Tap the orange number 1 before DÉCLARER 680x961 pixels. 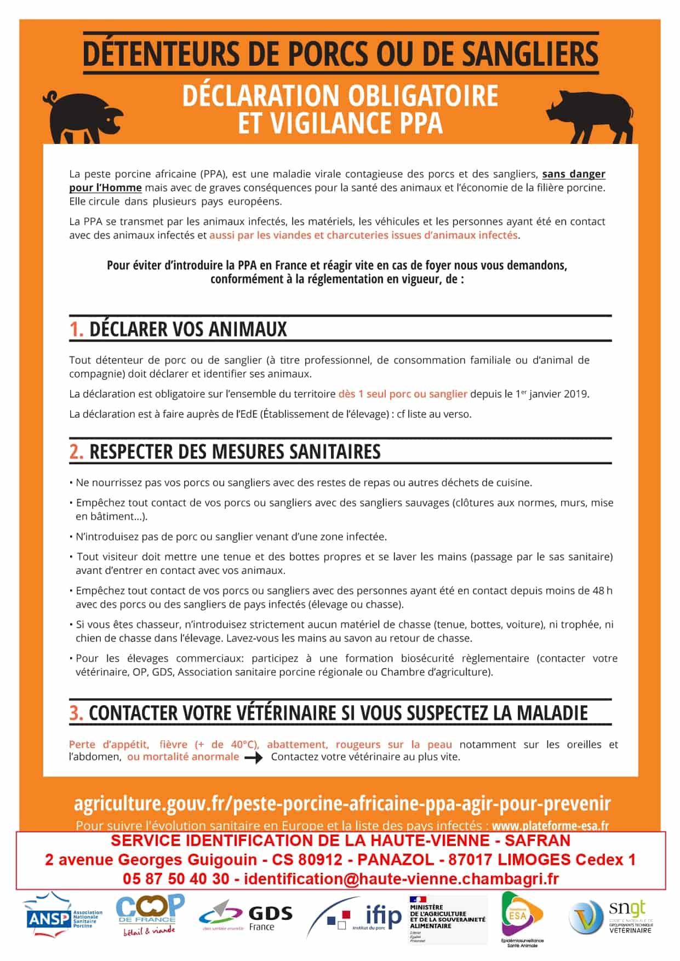76,329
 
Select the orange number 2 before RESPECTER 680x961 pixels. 76,452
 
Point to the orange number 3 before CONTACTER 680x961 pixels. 76,713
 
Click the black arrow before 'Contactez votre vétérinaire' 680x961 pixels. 254,758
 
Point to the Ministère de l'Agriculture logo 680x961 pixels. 447,918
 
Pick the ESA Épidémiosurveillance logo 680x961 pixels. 521,918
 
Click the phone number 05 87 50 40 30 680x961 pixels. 176,879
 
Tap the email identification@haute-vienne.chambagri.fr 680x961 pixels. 401,879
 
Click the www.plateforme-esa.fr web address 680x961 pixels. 550,826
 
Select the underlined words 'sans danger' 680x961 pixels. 573,174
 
